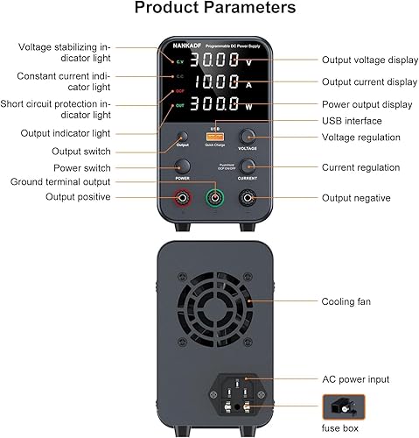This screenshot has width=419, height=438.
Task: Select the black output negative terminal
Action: (x=248, y=199)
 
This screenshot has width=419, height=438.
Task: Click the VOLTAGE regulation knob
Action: (x=248, y=137)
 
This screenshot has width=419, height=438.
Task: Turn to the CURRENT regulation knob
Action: (x=248, y=167)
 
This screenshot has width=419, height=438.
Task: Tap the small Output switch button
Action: (x=183, y=137)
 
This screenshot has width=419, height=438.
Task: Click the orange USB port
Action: (x=215, y=137)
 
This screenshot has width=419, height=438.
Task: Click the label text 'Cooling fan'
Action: (x=345, y=302)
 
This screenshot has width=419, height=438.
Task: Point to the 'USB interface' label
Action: (x=352, y=121)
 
